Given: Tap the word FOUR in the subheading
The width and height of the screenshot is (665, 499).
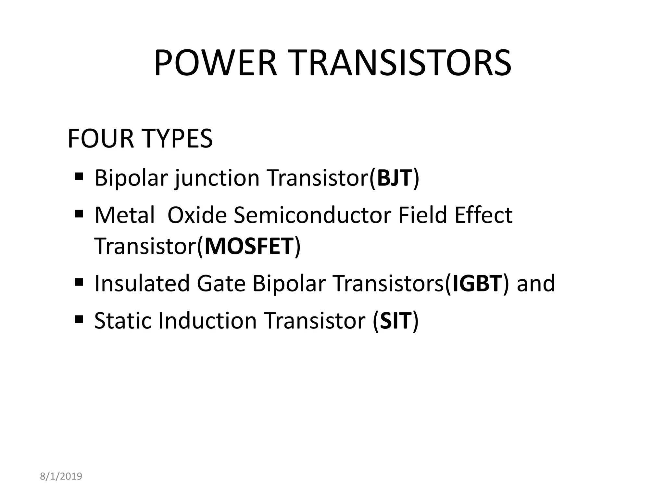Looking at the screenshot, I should click(x=100, y=139).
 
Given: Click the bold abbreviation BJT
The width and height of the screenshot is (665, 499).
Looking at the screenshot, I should click(x=394, y=178).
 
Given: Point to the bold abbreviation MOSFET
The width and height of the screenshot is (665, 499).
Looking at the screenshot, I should click(x=249, y=246).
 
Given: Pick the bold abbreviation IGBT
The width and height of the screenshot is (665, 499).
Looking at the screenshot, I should click(x=477, y=283).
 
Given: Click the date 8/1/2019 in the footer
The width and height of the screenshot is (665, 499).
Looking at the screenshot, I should click(x=61, y=476).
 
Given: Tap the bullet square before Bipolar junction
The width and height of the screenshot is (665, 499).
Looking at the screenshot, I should click(x=79, y=177).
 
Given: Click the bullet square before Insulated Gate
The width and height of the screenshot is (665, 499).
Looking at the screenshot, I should click(x=79, y=282).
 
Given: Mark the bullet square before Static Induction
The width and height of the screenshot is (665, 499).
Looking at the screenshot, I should click(x=79, y=319).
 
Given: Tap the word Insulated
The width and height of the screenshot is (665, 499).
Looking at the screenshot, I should click(x=142, y=283).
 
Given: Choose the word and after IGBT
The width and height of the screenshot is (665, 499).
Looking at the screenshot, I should click(x=536, y=283).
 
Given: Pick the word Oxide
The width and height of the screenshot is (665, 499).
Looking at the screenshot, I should click(x=197, y=215).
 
